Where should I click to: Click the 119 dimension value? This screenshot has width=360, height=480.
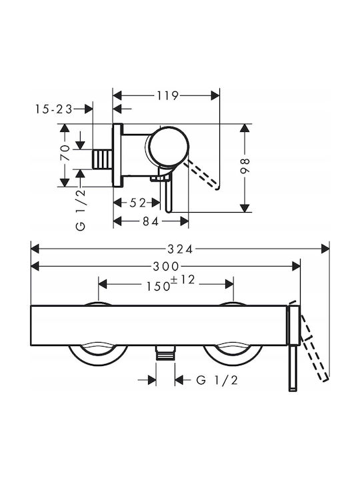pyautogui.click(x=167, y=96)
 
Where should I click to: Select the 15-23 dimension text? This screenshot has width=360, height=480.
pyautogui.click(x=54, y=109)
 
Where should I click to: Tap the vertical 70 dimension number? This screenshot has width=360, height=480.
pyautogui.click(x=65, y=153)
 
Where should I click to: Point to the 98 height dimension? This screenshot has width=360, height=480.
pyautogui.click(x=245, y=166)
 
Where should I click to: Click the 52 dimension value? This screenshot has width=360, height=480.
pyautogui.click(x=137, y=203)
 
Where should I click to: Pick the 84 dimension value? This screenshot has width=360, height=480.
pyautogui.click(x=151, y=221)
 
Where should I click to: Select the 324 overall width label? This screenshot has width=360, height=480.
pyautogui.click(x=180, y=249)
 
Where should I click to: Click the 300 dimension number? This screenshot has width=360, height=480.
pyautogui.click(x=165, y=267)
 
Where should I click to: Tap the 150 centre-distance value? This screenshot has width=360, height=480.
pyautogui.click(x=158, y=286)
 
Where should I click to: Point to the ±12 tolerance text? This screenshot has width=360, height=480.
pyautogui.click(x=183, y=279)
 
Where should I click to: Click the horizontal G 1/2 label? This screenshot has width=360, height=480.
pyautogui.click(x=217, y=380)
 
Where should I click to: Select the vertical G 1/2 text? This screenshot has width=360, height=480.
pyautogui.click(x=81, y=210)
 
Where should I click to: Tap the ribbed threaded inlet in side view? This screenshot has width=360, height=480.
pyautogui.click(x=102, y=159)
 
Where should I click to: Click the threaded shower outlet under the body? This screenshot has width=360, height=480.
pyautogui.click(x=165, y=353)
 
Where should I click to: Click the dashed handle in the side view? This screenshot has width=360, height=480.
pyautogui.click(x=203, y=175)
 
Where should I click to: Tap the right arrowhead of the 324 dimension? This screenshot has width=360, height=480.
pyautogui.click(x=325, y=249)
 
